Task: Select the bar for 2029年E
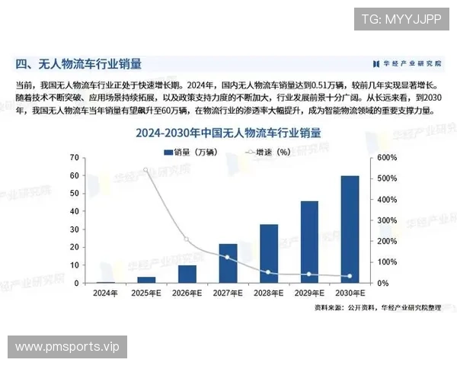309,242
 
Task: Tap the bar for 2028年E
269,253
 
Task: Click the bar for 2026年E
187,274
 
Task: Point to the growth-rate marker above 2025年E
146,170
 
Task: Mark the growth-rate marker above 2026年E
187,239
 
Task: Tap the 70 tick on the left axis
74,157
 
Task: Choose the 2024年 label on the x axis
106,292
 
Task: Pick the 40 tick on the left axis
74,211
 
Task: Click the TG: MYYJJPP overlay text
401,19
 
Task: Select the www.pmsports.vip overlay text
68,347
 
